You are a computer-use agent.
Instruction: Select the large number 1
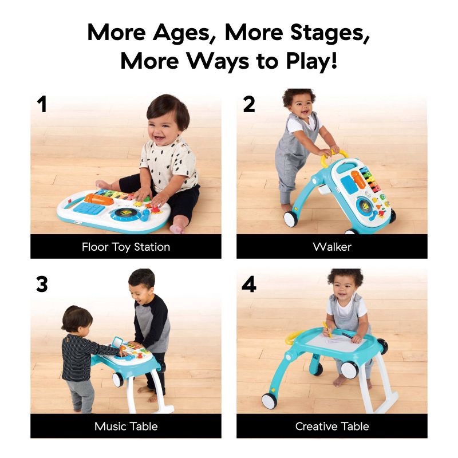(41, 105)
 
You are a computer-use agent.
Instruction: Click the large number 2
(248, 105)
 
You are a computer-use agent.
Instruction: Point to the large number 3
(41, 285)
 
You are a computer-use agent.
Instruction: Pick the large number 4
(248, 285)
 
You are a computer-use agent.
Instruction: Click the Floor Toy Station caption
(126, 247)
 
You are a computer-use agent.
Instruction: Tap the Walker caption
(332, 247)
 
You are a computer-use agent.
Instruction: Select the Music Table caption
(126, 427)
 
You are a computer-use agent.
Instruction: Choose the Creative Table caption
(332, 427)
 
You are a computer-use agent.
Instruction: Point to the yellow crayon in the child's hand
(327, 329)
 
